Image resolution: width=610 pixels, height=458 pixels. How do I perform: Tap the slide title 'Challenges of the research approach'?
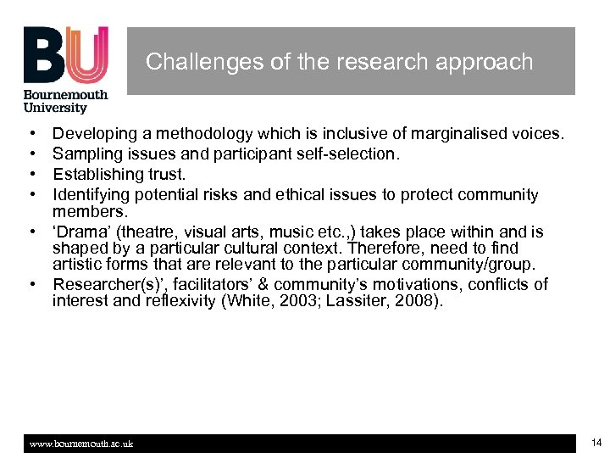pyautogui.click(x=339, y=62)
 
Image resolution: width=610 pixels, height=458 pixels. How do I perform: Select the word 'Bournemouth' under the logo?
pyautogui.click(x=66, y=95)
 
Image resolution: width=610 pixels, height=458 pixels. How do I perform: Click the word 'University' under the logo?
pyautogui.click(x=56, y=108)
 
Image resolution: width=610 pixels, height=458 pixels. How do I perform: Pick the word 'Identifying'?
pyautogui.click(x=92, y=195)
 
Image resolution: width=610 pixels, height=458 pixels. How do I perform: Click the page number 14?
pyautogui.click(x=596, y=442)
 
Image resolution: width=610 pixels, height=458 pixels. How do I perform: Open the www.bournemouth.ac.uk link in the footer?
pyautogui.click(x=81, y=444)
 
